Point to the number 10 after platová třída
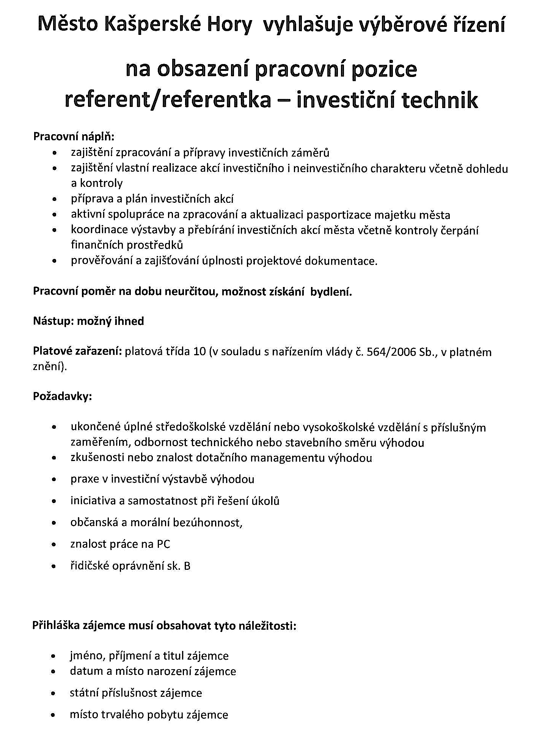[x=199, y=352]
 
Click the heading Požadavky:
[x=63, y=397]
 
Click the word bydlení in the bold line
[x=331, y=292]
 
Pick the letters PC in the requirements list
[x=163, y=544]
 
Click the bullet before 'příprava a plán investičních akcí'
[x=55, y=199]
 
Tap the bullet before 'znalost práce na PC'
[x=55, y=545]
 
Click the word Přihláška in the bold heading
[x=56, y=625]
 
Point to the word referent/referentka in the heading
[x=168, y=100]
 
